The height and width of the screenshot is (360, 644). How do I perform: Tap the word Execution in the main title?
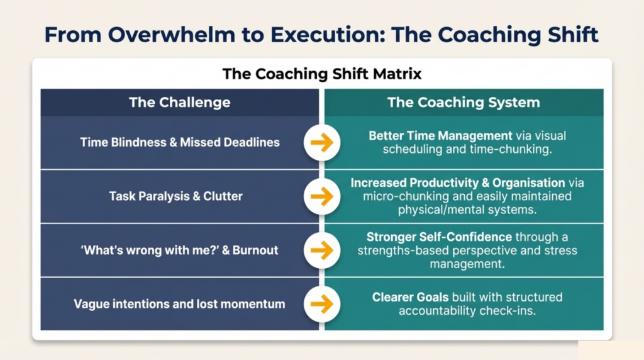coord(328,35)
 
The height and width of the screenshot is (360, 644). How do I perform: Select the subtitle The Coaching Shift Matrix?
coord(322,74)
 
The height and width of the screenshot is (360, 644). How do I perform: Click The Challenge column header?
coord(179,103)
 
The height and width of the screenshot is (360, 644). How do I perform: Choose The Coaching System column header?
coord(464,103)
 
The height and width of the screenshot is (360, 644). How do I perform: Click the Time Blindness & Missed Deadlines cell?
coord(180,142)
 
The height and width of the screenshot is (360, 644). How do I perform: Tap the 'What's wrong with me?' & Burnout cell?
coord(179,250)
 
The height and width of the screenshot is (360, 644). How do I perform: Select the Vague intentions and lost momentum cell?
coord(179,304)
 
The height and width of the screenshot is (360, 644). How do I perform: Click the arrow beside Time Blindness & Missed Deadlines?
coord(321,143)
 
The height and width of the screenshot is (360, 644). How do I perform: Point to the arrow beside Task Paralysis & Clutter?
coord(321,196)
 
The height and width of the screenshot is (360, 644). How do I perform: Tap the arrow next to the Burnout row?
coord(321,250)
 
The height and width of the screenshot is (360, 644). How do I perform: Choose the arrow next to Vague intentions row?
coord(321,304)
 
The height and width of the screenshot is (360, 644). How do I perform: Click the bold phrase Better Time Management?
coord(440,135)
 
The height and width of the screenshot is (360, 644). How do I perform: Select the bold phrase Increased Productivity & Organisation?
coord(458,183)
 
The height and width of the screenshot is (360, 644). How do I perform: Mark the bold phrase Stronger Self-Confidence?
coord(439,237)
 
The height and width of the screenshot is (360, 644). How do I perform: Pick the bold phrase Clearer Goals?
coord(410,297)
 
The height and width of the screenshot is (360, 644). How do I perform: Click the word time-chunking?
coord(519,149)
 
